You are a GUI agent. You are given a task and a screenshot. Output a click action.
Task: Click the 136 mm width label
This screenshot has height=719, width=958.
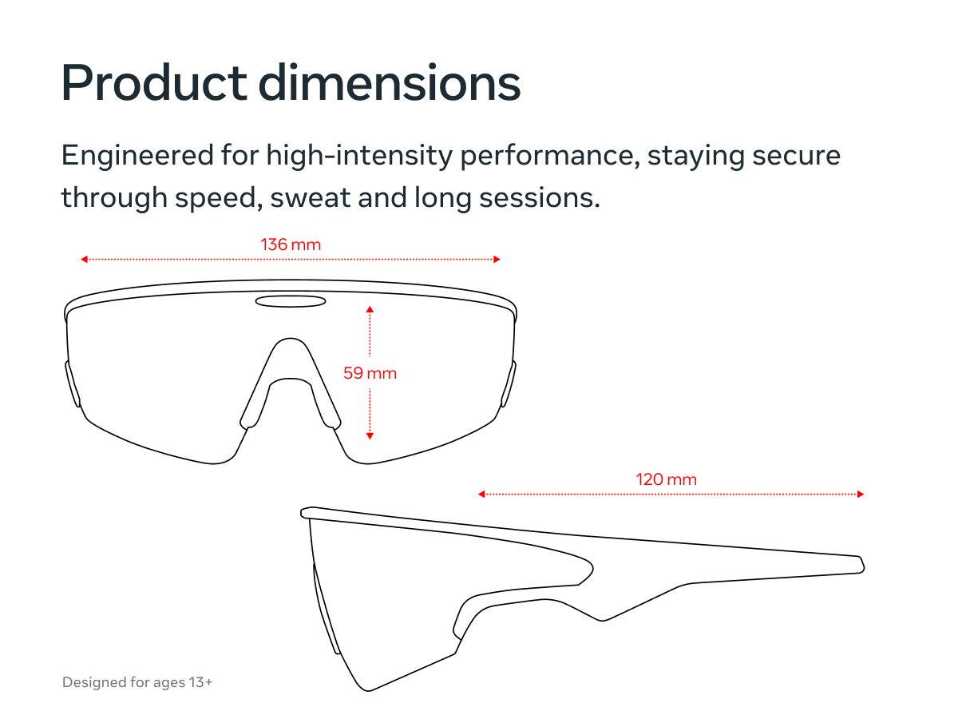tap(291, 244)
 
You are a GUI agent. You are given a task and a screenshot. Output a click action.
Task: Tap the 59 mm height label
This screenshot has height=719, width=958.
tap(370, 373)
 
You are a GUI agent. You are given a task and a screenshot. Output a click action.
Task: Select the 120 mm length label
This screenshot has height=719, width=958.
tap(666, 479)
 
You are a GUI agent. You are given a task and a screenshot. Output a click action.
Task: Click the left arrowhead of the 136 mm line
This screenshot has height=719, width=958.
tap(85, 260)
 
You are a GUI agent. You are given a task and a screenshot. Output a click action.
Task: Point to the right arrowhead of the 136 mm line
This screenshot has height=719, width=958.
tap(497, 260)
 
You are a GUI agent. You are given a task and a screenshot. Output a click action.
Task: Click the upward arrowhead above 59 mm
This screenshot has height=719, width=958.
tap(370, 309)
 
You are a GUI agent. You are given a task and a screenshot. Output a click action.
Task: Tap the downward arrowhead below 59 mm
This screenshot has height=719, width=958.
tap(370, 435)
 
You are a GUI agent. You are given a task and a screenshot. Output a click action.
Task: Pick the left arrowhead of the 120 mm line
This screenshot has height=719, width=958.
tap(481, 495)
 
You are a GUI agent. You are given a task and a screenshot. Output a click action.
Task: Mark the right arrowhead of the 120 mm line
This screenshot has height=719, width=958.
tap(861, 495)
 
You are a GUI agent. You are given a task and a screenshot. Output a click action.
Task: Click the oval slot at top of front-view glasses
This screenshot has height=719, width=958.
tap(291, 301)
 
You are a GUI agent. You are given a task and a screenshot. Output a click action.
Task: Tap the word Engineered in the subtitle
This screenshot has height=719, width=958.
tap(137, 157)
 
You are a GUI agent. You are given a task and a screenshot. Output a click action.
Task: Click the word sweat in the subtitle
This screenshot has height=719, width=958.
tap(311, 198)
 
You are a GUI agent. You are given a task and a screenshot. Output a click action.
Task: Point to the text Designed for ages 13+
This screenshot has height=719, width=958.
tap(137, 682)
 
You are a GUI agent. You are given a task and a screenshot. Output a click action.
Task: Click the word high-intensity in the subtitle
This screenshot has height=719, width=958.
tap(359, 157)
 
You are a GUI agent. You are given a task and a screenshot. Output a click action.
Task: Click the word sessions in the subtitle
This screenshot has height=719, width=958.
tap(540, 198)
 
